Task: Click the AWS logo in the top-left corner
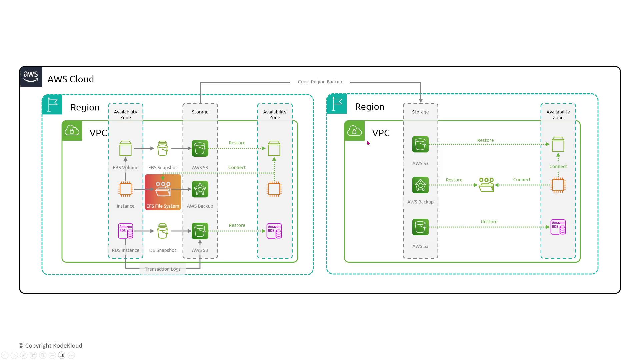coord(31,77)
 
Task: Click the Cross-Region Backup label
coord(320,82)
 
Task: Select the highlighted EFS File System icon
coord(163,192)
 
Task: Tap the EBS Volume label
coord(125,167)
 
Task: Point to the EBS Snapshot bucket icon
coord(163,148)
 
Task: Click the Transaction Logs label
coord(163,269)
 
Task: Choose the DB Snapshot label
coord(163,250)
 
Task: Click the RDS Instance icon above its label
coord(126,231)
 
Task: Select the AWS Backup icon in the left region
coord(200,189)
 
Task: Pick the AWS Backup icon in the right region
coord(420,185)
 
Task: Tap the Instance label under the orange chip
coord(125,206)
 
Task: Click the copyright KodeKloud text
coord(50,346)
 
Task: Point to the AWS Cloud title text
coord(71,79)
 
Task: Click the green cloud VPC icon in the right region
coord(354,131)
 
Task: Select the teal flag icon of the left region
coord(52,104)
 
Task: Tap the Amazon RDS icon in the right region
coord(558,227)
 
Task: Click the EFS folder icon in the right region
coord(486,185)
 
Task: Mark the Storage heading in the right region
coord(420,112)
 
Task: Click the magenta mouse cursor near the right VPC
coord(368,143)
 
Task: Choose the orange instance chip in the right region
coord(558,185)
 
